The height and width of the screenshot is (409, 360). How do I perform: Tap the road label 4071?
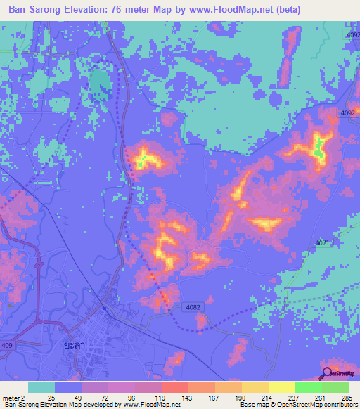323,242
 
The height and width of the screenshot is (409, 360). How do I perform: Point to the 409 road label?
6,344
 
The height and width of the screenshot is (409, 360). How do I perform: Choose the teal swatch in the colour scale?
41,387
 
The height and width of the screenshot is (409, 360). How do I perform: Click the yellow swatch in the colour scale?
281,387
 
